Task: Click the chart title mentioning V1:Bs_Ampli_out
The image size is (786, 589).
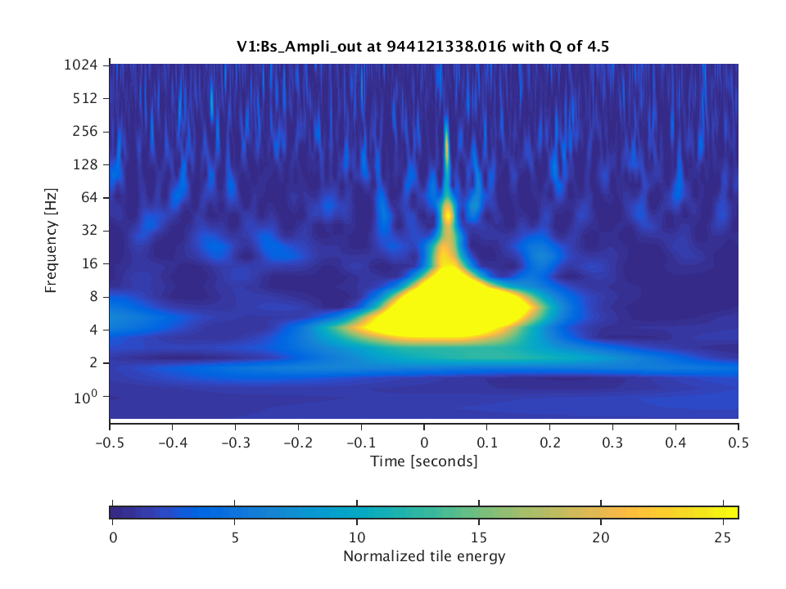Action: click(422, 47)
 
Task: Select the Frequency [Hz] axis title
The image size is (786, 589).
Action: click(52, 241)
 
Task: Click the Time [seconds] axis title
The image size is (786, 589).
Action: click(423, 461)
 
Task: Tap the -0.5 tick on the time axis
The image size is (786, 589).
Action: click(109, 443)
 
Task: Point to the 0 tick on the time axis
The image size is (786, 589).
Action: click(424, 443)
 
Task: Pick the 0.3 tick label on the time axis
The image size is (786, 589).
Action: click(612, 443)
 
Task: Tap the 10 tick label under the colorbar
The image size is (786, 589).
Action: click(357, 537)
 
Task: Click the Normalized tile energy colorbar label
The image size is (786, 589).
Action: click(423, 557)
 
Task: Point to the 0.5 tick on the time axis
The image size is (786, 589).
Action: click(738, 443)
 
